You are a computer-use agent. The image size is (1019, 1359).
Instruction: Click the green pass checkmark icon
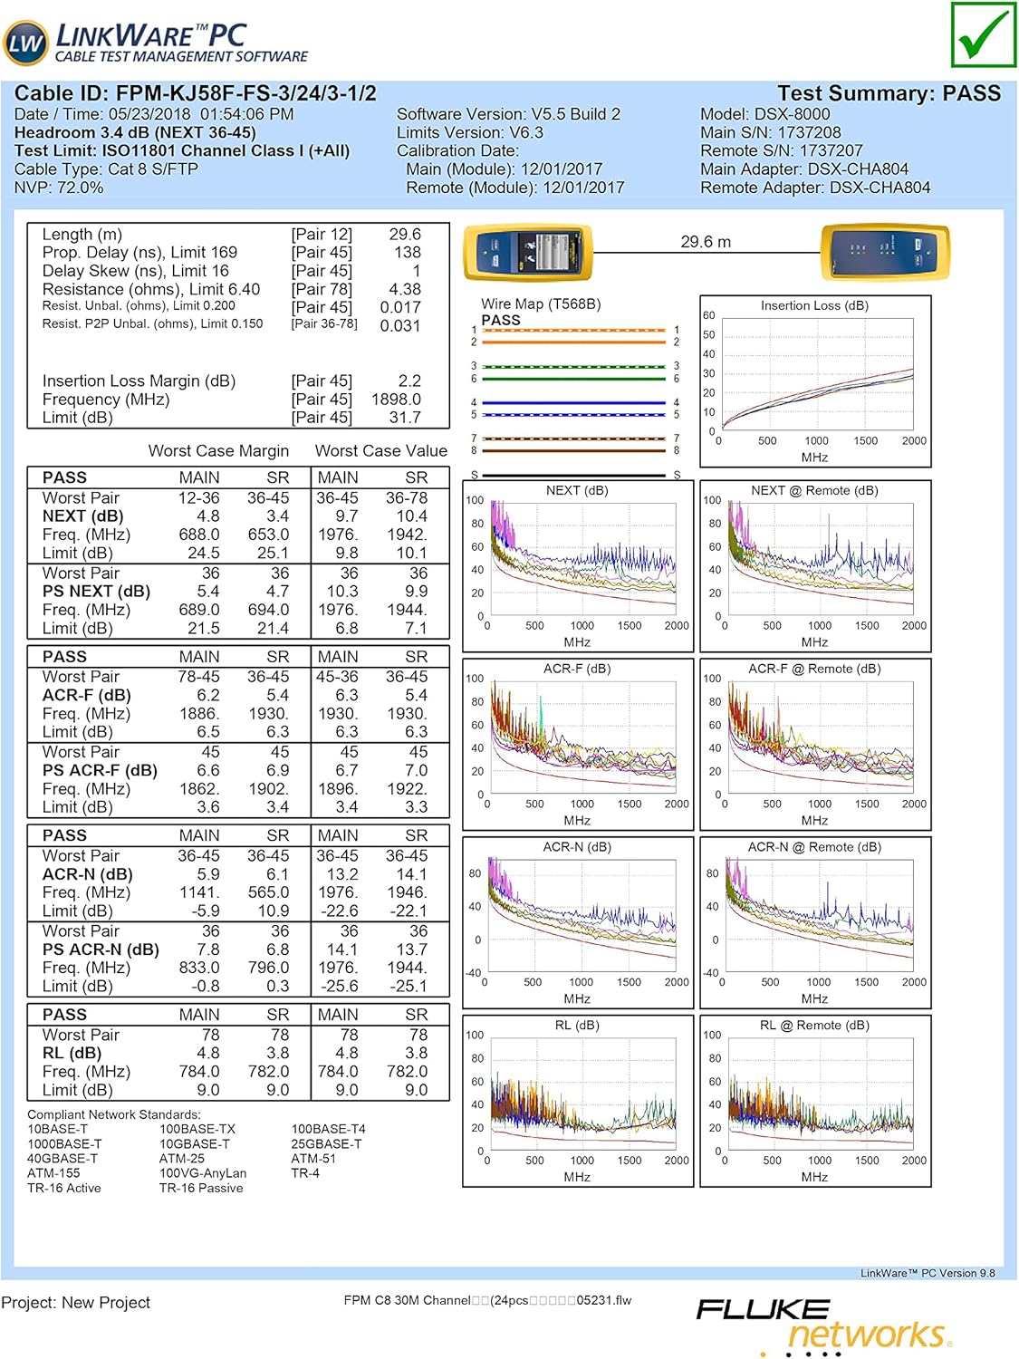click(983, 34)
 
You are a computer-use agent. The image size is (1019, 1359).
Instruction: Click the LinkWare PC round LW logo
click(25, 42)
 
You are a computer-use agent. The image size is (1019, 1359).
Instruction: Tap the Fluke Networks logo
click(823, 1323)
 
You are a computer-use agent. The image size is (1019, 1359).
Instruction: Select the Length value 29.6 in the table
click(405, 234)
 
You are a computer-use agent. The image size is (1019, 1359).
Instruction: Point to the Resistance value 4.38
click(405, 289)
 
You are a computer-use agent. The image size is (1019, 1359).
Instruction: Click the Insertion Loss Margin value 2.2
click(409, 381)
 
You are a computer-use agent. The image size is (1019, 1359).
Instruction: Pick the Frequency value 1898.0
click(396, 400)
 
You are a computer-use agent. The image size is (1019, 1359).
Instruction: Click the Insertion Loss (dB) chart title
click(814, 305)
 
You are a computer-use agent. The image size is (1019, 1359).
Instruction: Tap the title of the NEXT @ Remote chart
click(814, 490)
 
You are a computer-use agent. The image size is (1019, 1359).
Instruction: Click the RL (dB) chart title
click(577, 1025)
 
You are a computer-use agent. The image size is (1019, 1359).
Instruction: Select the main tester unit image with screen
click(528, 252)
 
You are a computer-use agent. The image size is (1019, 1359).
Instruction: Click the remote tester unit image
click(884, 252)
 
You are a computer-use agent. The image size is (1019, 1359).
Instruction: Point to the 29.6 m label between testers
click(706, 242)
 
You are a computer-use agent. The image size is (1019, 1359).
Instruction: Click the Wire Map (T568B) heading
click(541, 304)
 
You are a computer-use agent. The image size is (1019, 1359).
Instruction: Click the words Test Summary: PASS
click(889, 93)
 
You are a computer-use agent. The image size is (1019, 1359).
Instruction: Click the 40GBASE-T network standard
click(62, 1158)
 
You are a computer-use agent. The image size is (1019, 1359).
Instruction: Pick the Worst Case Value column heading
click(380, 450)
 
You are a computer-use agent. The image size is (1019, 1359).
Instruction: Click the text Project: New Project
click(76, 1302)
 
